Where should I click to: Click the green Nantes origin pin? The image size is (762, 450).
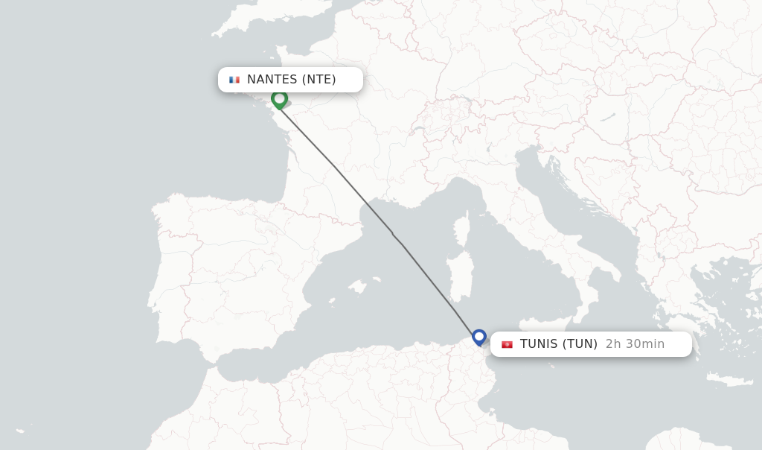click(279, 98)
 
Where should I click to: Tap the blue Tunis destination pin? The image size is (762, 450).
click(479, 337)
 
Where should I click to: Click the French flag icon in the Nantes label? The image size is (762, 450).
click(234, 80)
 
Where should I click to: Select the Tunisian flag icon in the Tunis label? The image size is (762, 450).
click(507, 344)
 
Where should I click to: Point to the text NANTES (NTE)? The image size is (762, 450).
click(291, 80)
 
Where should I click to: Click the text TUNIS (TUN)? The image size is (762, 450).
click(558, 344)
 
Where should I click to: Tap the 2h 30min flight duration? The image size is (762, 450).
click(635, 344)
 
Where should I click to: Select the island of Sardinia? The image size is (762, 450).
click(461, 273)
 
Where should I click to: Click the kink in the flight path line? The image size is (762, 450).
click(394, 235)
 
